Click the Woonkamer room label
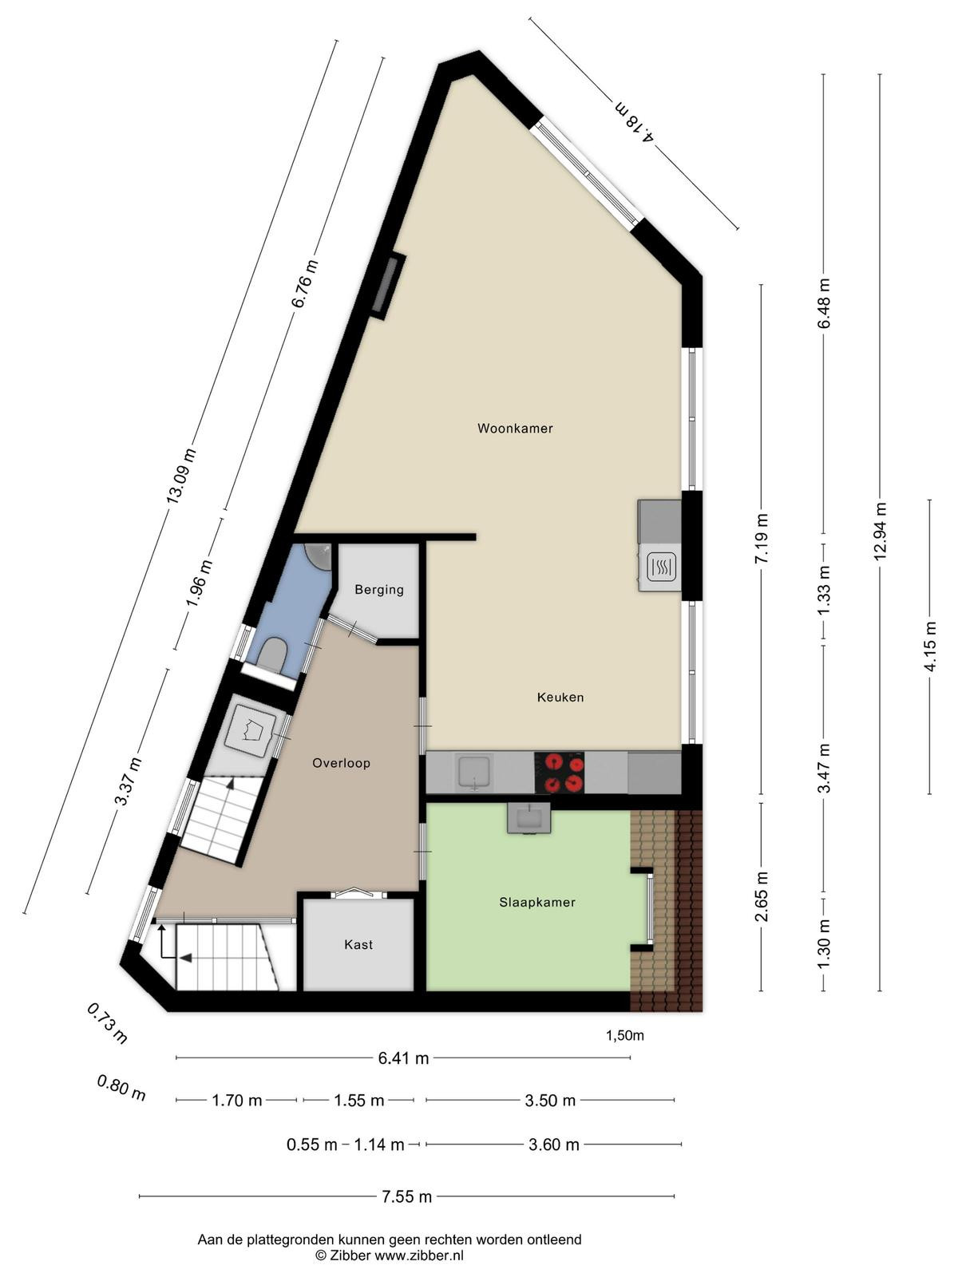pyautogui.click(x=515, y=429)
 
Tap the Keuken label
pyautogui.click(x=560, y=697)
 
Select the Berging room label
pyautogui.click(x=379, y=590)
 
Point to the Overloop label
pyautogui.click(x=341, y=763)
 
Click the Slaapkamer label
pyautogui.click(x=536, y=903)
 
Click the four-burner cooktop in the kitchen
pyautogui.click(x=559, y=773)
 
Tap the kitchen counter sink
pyautogui.click(x=475, y=773)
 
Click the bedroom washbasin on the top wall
pyautogui.click(x=529, y=818)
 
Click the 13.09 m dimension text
pyautogui.click(x=180, y=476)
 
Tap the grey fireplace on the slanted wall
pyautogui.click(x=389, y=287)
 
